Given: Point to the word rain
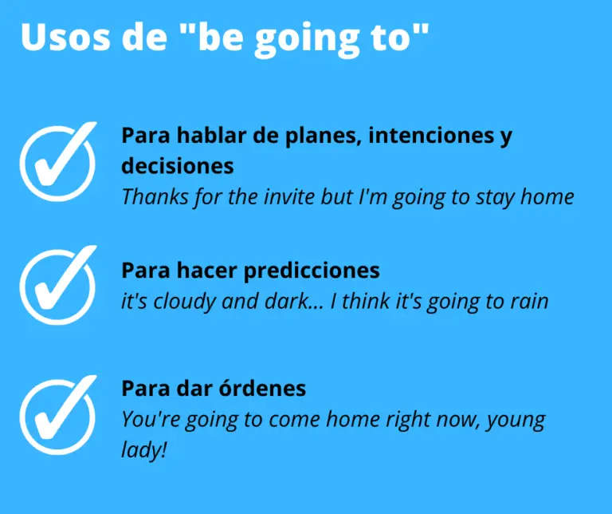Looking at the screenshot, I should click(x=527, y=302).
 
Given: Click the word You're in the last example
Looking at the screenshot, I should click(x=149, y=420).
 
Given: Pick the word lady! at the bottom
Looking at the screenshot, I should click(x=144, y=450).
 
